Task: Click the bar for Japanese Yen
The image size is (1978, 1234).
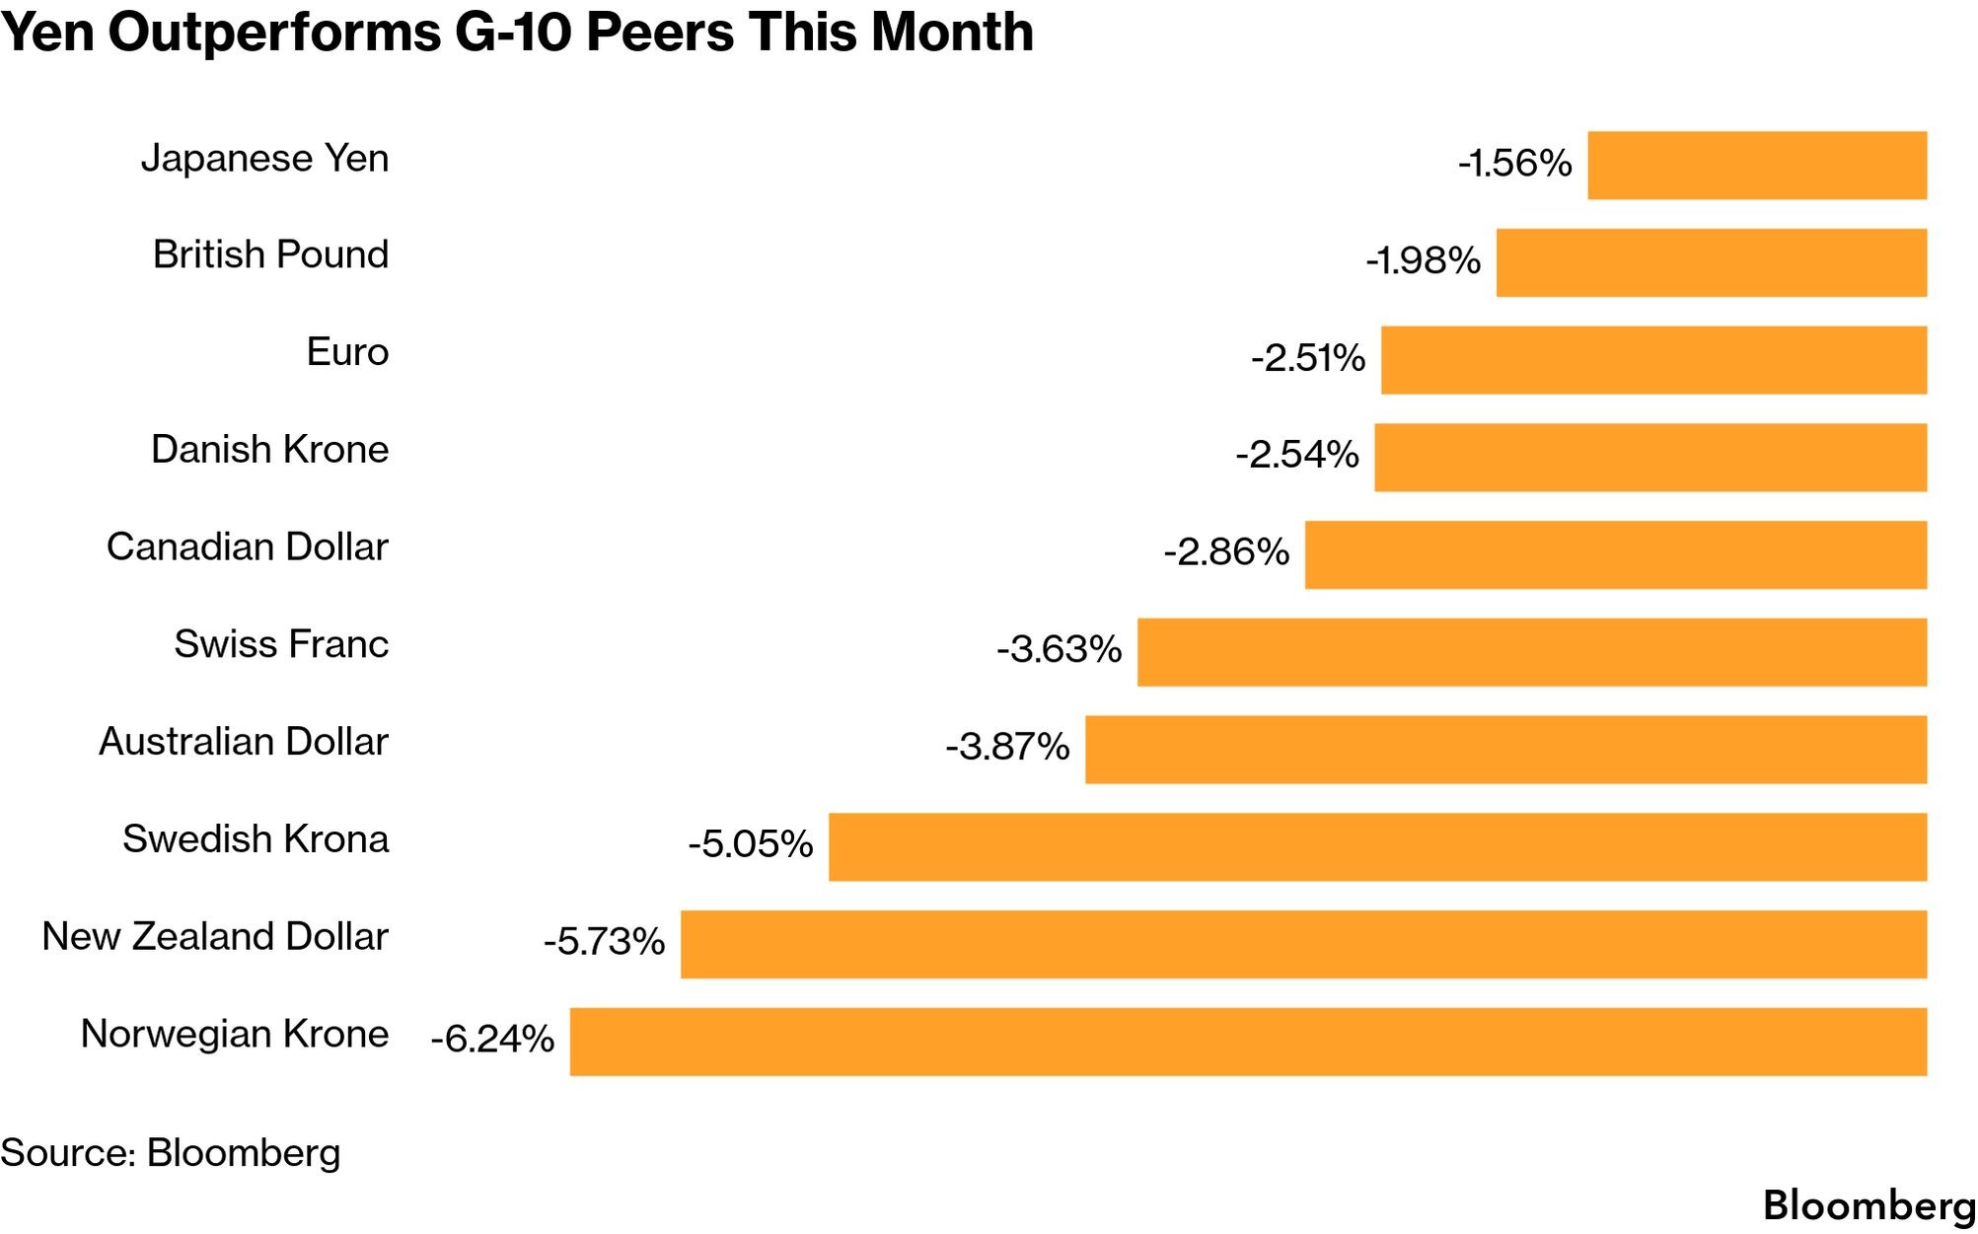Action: click(1757, 165)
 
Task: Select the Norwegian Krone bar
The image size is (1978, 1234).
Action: click(1248, 1042)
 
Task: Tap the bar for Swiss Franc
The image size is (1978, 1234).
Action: click(1532, 652)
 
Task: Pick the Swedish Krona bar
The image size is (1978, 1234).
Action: click(1377, 846)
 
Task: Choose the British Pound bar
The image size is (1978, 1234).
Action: click(1712, 262)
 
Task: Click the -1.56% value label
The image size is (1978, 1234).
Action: click(1514, 163)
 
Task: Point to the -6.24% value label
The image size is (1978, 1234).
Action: click(492, 1039)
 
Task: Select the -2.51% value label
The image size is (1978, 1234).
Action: click(1308, 357)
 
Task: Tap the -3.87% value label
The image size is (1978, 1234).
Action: click(1007, 747)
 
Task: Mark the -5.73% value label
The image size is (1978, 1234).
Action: click(604, 941)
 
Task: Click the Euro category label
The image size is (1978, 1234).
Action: click(347, 352)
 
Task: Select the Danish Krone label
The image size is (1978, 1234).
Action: click(269, 450)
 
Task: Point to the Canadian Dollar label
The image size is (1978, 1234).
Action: click(248, 546)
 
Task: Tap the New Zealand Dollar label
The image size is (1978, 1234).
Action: click(215, 936)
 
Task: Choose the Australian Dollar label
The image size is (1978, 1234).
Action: click(244, 742)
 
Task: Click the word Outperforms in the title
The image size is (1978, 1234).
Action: click(274, 33)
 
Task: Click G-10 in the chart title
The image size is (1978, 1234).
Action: click(513, 32)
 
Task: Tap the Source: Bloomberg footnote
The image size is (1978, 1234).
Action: click(171, 1152)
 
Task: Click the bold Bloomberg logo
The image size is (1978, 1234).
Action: click(1869, 1205)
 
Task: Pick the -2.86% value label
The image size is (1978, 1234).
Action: click(1226, 551)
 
